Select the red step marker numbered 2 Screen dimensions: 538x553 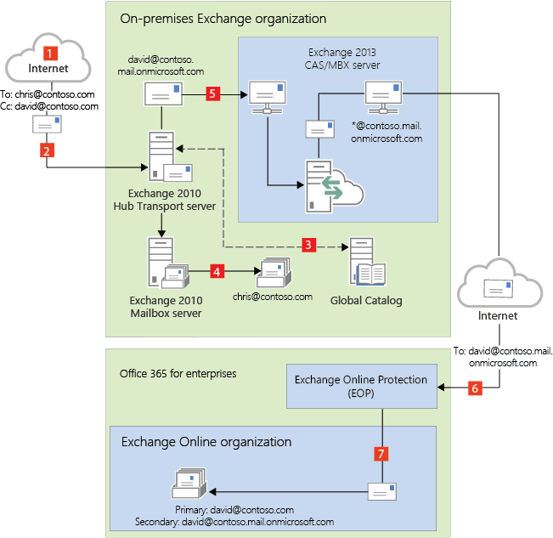(x=47, y=150)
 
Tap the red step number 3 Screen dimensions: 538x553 (x=309, y=245)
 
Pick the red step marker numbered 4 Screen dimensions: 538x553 (x=217, y=272)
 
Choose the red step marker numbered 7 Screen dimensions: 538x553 (x=382, y=453)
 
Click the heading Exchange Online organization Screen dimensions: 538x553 (x=206, y=442)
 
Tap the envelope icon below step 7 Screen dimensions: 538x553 (x=381, y=491)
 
